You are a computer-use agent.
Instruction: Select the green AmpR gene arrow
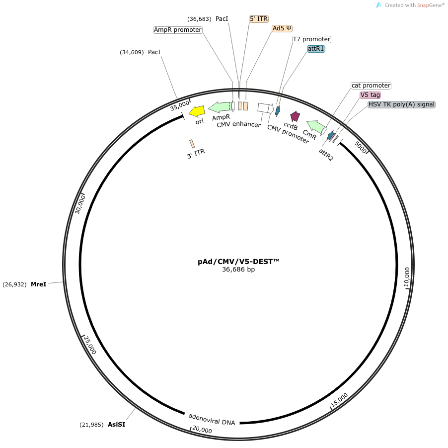pyautogui.click(x=220, y=106)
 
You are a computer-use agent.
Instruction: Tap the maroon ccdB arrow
pyautogui.click(x=295, y=116)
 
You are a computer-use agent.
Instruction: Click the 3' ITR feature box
pyautogui.click(x=192, y=144)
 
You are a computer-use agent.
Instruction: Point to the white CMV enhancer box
pyautogui.click(x=263, y=107)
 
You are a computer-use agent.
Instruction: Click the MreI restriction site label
pyautogui.click(x=38, y=284)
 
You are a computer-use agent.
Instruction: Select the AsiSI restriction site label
pyautogui.click(x=116, y=425)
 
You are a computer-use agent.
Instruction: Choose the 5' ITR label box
pyautogui.click(x=258, y=19)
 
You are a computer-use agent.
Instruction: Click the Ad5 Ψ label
pyautogui.click(x=282, y=28)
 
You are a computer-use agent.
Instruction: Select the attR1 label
pyautogui.click(x=316, y=49)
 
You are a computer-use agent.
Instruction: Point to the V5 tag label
pyautogui.click(x=370, y=95)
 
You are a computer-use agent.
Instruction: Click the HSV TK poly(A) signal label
pyautogui.click(x=401, y=104)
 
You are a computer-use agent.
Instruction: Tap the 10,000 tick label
pyautogui.click(x=407, y=277)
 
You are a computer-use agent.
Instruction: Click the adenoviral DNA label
pyautogui.click(x=212, y=419)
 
